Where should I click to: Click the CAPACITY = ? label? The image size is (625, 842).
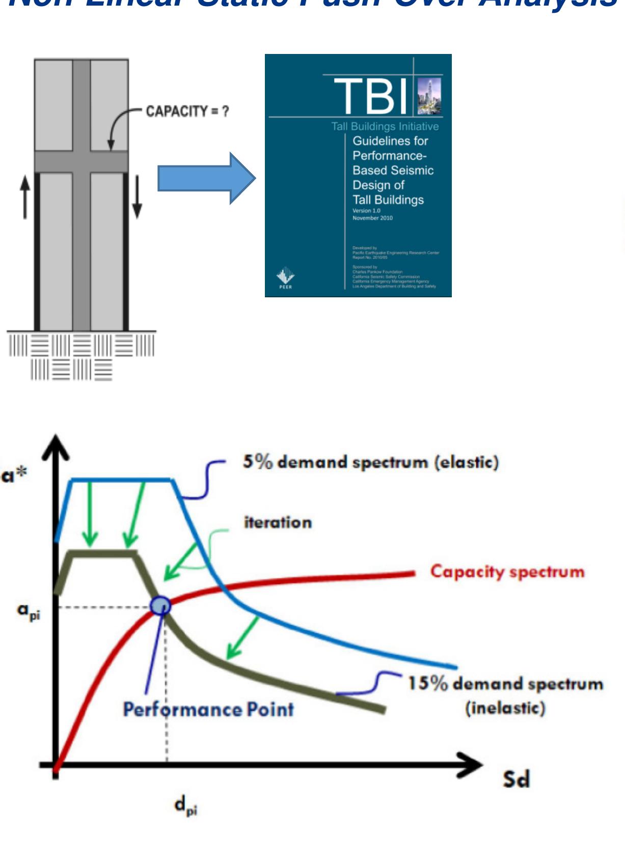187,111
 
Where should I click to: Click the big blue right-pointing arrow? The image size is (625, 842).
206,178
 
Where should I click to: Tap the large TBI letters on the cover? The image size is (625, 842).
371,96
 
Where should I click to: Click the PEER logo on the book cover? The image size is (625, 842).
285,278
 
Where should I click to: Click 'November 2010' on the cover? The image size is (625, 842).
372,218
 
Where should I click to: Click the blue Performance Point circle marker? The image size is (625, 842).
160,605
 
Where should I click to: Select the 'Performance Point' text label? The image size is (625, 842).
208,709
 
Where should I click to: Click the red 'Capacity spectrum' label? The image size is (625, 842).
507,571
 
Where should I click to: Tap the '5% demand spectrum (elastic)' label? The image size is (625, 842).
370,462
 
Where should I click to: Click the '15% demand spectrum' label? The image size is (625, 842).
505,683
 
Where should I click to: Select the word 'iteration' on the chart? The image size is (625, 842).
278,522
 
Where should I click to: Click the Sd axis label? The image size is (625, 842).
517,779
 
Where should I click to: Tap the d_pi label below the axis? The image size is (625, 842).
185,806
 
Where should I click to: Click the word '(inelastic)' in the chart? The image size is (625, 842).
505,708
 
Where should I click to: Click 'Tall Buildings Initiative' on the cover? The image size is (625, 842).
385,126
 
